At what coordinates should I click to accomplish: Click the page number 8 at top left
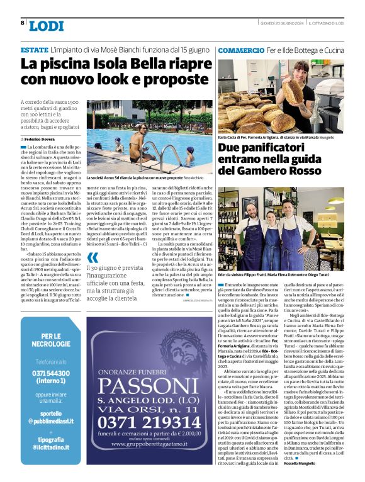pyautogui.click(x=23, y=23)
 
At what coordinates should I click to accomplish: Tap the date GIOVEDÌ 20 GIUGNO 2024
pyautogui.click(x=281, y=23)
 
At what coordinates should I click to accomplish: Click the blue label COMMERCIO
pyautogui.click(x=241, y=49)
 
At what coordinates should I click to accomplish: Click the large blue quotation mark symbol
pyautogui.click(x=93, y=258)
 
